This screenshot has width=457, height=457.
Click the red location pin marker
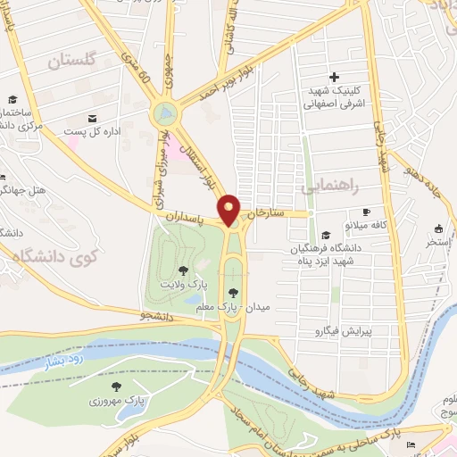coord(230,210)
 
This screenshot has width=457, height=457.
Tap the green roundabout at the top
coord(164,113)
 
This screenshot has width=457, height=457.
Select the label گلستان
coord(71,62)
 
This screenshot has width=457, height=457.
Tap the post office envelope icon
coord(91,117)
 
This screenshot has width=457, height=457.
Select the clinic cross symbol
coord(335,77)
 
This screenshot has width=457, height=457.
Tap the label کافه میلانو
coord(367,225)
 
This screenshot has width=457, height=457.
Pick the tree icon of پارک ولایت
coord(183,270)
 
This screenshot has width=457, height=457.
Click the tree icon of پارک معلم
coord(233,292)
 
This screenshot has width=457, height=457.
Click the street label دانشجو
coord(161,315)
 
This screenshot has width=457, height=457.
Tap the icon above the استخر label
coord(438,228)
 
